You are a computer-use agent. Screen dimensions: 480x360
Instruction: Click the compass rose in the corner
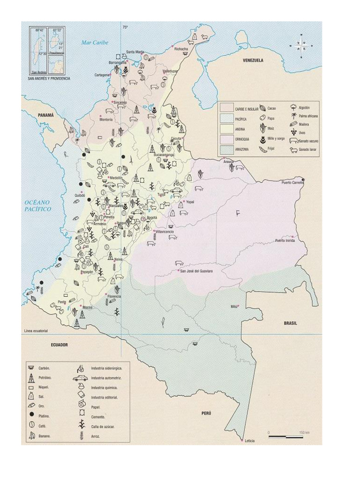[x=301, y=45]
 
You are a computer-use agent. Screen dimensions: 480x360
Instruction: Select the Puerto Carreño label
[x=292, y=183]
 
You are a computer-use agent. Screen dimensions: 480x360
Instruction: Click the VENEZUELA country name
[x=253, y=60]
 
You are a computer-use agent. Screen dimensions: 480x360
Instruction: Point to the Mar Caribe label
[x=95, y=43]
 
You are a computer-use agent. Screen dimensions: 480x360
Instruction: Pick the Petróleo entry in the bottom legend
[x=45, y=377]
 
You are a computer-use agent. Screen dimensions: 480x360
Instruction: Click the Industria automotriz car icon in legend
[x=80, y=378]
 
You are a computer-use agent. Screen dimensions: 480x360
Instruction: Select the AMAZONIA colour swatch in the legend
[x=227, y=149]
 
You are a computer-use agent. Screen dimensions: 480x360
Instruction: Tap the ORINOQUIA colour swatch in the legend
[x=227, y=139]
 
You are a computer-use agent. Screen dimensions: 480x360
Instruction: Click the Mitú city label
[x=234, y=306]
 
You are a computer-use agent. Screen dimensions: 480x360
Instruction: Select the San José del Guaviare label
[x=194, y=271]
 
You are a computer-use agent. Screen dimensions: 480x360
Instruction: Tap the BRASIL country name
[x=291, y=323]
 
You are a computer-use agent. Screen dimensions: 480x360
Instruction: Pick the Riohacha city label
[x=181, y=48]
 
